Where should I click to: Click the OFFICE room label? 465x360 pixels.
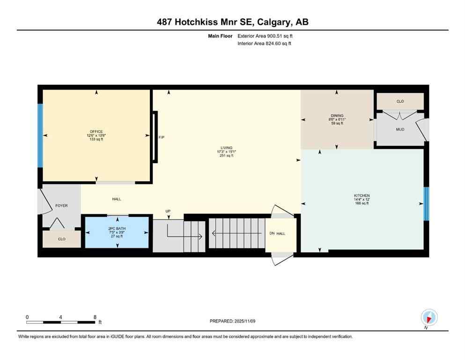click(96, 132)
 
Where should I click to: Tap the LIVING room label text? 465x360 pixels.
click(227, 148)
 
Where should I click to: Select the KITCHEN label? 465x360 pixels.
click(362, 195)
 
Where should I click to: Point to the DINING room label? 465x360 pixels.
click(337, 116)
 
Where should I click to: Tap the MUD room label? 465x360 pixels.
click(399, 129)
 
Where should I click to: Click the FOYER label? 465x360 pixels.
click(62, 205)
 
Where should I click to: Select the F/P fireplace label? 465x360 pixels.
click(162, 137)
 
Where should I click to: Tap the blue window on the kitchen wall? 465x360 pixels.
click(426, 204)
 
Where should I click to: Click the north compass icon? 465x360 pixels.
click(429, 317)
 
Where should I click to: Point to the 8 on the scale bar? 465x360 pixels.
click(95, 317)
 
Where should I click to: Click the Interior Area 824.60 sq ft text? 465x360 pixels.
click(265, 44)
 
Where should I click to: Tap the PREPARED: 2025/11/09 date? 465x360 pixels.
click(232, 321)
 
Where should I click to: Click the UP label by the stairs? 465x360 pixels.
click(168, 211)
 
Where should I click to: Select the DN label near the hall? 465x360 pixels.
click(272, 233)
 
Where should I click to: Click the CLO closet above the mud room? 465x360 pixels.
click(400, 101)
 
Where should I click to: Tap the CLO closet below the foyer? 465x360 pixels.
click(62, 239)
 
